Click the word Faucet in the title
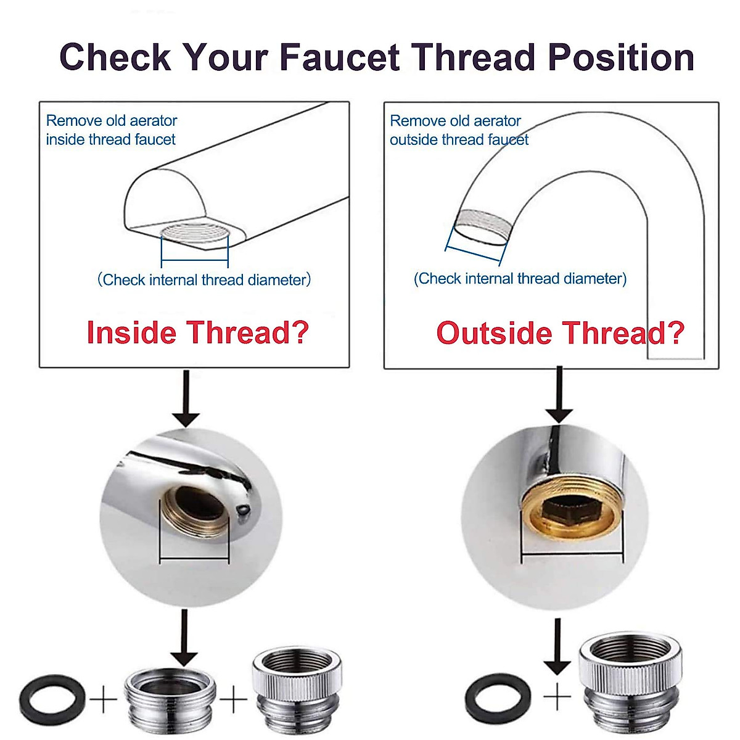(x=340, y=57)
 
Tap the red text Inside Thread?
(x=197, y=332)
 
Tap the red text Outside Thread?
(x=560, y=333)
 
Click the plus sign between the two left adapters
(x=234, y=699)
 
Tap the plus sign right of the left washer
(x=103, y=699)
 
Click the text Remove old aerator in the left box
(x=112, y=120)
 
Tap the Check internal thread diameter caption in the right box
(x=520, y=279)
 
